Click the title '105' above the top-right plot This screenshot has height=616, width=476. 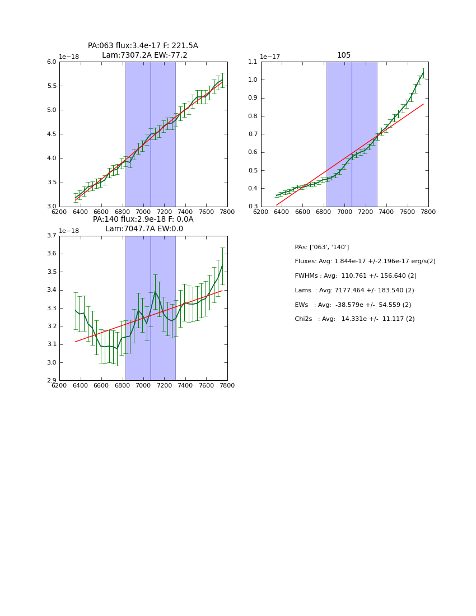(344, 55)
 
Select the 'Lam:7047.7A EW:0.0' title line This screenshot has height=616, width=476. (144, 229)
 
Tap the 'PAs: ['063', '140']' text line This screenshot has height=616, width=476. (321, 247)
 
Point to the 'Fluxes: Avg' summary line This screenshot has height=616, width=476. (365, 262)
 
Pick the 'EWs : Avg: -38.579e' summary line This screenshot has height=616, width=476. (353, 305)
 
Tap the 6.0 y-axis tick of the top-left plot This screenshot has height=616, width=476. (51, 62)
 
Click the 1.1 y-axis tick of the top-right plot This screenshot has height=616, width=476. (251, 62)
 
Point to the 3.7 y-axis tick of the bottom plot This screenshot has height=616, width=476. (51, 236)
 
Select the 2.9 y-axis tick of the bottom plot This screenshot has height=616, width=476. (51, 381)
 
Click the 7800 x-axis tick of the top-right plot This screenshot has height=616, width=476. (428, 212)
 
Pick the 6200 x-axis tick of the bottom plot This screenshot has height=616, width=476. (59, 385)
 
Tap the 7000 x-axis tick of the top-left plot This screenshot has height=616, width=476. (143, 212)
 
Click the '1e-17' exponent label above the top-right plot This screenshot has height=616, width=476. (270, 57)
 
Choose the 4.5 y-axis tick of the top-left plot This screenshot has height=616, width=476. (51, 134)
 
